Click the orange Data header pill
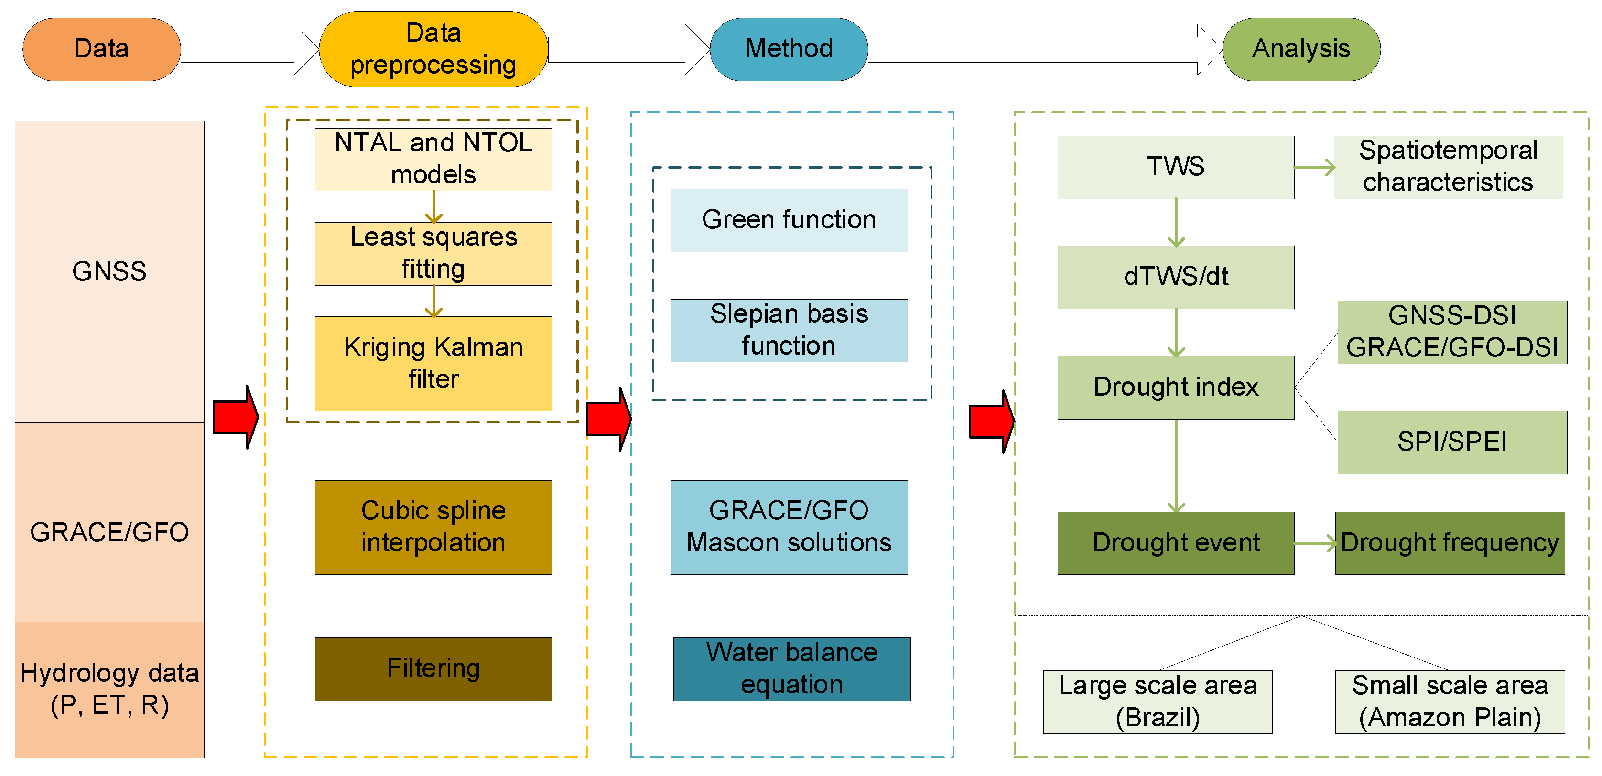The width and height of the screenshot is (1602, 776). click(x=101, y=49)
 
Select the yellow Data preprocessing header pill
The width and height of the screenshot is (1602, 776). click(x=433, y=49)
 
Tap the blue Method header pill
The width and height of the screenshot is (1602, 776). click(x=789, y=49)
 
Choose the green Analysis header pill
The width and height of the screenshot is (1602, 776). click(x=1301, y=49)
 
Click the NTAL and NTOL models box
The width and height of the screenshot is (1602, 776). click(x=433, y=159)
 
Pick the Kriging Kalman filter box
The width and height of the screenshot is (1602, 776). click(x=433, y=364)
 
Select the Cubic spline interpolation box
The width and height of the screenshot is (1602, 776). click(x=433, y=527)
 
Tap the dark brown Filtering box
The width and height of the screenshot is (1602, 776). click(x=433, y=668)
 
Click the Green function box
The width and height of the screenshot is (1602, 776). click(x=789, y=220)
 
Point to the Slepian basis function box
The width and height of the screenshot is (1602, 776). click(x=789, y=330)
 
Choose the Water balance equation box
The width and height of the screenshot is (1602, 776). click(x=791, y=668)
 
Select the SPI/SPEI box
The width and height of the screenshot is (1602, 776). click(x=1451, y=442)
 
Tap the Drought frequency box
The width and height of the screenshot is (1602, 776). click(x=1449, y=543)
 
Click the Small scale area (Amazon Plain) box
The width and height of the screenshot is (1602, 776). click(x=1449, y=701)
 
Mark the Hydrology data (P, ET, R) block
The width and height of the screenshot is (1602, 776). click(x=109, y=689)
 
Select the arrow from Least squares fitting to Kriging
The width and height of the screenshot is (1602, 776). click(x=433, y=301)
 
